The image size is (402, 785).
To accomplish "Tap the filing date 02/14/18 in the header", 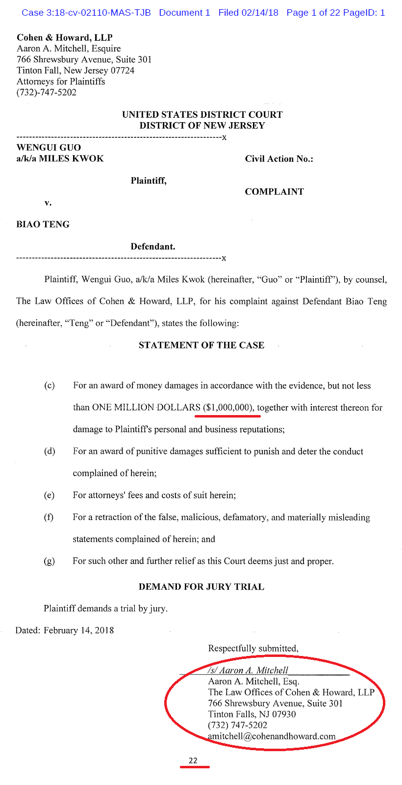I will [x=260, y=13].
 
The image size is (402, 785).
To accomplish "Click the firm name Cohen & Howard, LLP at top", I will [x=65, y=38].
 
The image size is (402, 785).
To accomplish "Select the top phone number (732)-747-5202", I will [x=47, y=92].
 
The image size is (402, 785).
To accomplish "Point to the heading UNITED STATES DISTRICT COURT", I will [x=202, y=114].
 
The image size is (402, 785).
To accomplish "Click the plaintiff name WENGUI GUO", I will [x=49, y=147].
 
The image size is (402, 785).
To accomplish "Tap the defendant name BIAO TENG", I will [x=43, y=224].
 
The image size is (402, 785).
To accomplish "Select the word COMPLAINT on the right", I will [x=274, y=191].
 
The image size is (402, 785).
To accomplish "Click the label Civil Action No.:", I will [x=279, y=158].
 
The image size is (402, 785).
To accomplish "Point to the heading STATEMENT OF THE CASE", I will [x=201, y=345].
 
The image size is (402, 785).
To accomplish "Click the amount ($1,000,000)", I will [x=228, y=407].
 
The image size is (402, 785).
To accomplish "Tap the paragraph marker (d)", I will [x=50, y=451].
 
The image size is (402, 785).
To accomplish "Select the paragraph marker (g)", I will [x=50, y=561].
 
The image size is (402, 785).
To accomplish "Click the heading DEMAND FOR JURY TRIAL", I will [x=201, y=587].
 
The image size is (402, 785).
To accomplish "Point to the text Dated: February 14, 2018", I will [x=65, y=630].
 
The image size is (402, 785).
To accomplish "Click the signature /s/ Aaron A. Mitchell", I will [x=248, y=670].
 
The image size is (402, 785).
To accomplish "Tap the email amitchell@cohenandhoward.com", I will [x=272, y=736].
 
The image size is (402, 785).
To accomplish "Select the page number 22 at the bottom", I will [x=193, y=760].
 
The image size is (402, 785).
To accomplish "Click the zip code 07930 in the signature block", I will [x=283, y=714].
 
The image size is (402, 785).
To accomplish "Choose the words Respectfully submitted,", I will [x=253, y=648].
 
